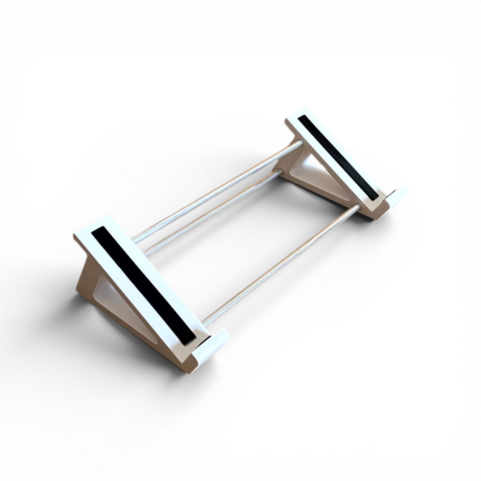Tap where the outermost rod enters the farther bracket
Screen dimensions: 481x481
point(301,143)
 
